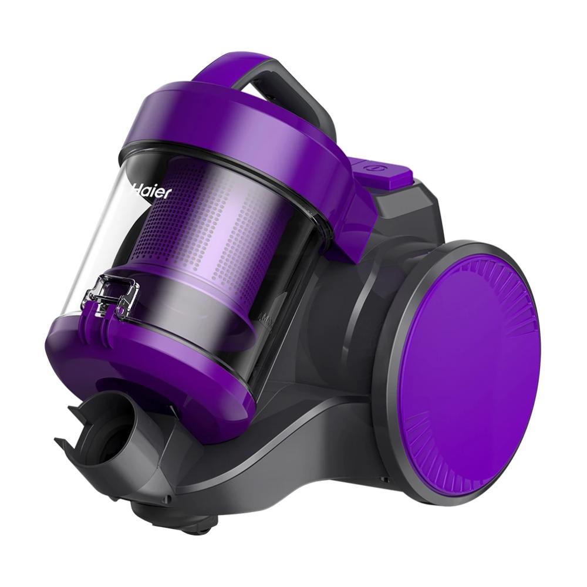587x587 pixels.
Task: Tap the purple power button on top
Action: pos(382,171)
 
